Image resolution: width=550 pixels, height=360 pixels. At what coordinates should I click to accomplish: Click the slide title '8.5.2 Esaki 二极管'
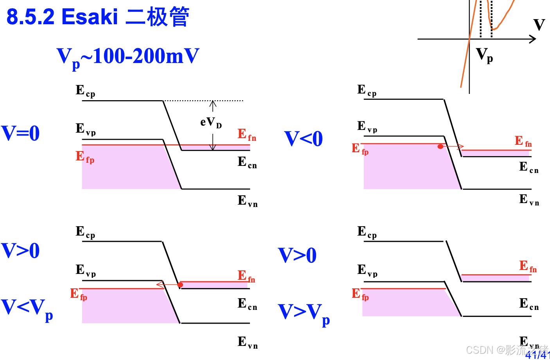coord(98,17)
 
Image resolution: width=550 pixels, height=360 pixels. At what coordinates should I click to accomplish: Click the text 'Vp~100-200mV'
coord(128,57)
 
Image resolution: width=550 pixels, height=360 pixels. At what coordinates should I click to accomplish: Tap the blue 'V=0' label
coord(20,133)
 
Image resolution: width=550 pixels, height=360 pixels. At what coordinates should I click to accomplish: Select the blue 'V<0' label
coord(303,139)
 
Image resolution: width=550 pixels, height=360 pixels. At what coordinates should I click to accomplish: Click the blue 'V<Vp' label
coord(27,308)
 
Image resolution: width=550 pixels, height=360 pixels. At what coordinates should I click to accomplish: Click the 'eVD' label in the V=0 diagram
coord(211,122)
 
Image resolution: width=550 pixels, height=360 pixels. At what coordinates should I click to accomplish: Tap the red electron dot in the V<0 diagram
coord(440,147)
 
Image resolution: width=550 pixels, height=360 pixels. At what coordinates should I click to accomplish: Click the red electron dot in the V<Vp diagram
coord(180,285)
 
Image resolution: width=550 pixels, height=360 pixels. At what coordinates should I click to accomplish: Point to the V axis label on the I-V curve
coord(539,25)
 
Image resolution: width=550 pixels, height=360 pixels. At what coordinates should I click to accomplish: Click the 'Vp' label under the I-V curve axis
coord(484,55)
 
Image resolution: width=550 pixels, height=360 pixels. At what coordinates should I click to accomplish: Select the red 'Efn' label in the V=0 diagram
coord(247,135)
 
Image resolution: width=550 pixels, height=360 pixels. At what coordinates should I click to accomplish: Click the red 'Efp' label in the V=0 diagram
coord(85,157)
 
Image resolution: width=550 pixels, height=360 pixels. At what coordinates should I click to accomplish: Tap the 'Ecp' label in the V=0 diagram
coord(85,91)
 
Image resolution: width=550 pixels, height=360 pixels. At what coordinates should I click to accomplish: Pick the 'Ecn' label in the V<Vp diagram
coord(247,304)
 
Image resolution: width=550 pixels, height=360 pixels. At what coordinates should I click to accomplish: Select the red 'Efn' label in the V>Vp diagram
coord(528,266)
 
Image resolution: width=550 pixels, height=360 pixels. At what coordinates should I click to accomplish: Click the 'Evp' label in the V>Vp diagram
coord(367,270)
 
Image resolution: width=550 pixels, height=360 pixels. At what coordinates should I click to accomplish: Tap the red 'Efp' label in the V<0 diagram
coord(360,149)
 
